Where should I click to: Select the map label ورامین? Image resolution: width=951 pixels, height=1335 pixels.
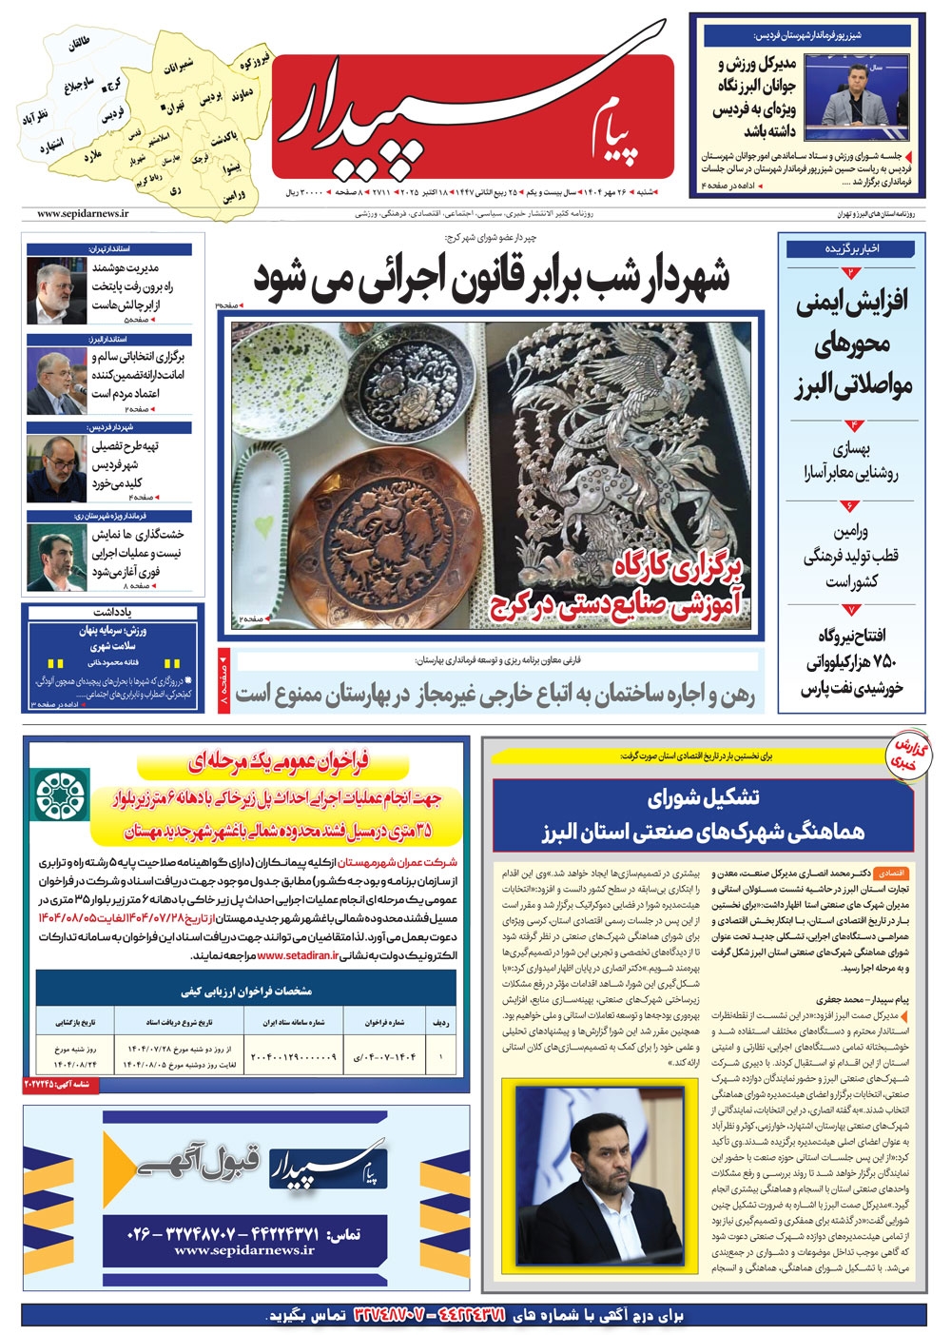[235, 196]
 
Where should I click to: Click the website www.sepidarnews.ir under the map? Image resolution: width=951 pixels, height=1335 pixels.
[83, 215]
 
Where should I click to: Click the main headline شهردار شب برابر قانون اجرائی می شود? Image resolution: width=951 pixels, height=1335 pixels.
[492, 278]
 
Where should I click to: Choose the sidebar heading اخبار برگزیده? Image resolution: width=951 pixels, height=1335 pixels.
[852, 250]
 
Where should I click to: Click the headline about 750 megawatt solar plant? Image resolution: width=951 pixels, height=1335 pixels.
[851, 662]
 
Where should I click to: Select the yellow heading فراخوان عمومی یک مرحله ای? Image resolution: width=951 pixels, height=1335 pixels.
[252, 761]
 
